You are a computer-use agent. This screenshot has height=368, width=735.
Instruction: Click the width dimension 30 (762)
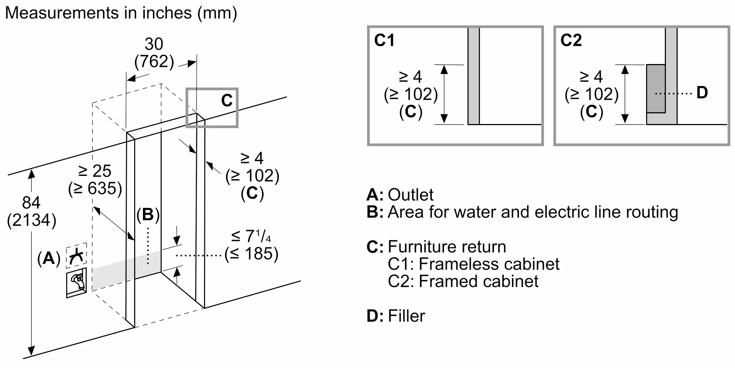click(x=154, y=53)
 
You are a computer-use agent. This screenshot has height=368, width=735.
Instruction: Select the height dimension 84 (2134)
click(x=32, y=212)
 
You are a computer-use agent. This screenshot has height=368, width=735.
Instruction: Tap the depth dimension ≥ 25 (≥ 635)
click(x=95, y=180)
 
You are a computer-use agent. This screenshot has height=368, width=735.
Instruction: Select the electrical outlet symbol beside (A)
click(x=76, y=255)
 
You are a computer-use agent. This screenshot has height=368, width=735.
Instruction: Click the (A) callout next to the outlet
click(x=49, y=259)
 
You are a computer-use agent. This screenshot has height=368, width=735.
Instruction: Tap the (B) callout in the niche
click(x=148, y=215)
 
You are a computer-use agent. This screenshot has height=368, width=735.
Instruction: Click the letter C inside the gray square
click(x=227, y=100)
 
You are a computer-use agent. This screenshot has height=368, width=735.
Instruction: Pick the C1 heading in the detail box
click(x=384, y=40)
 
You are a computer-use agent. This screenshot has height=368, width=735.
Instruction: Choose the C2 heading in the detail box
click(x=571, y=40)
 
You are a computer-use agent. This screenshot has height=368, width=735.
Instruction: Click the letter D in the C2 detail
click(x=702, y=93)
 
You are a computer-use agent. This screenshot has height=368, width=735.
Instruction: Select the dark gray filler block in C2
click(x=656, y=88)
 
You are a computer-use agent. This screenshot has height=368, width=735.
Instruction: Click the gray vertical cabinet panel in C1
click(x=473, y=76)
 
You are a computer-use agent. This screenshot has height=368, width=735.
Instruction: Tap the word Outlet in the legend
click(x=410, y=195)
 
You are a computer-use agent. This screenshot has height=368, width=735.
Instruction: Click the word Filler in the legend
click(x=406, y=316)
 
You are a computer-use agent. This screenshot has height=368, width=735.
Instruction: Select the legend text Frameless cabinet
click(x=489, y=264)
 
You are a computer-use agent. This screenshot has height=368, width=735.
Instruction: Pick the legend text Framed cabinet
click(x=478, y=281)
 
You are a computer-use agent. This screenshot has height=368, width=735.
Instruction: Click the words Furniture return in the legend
click(x=447, y=247)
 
